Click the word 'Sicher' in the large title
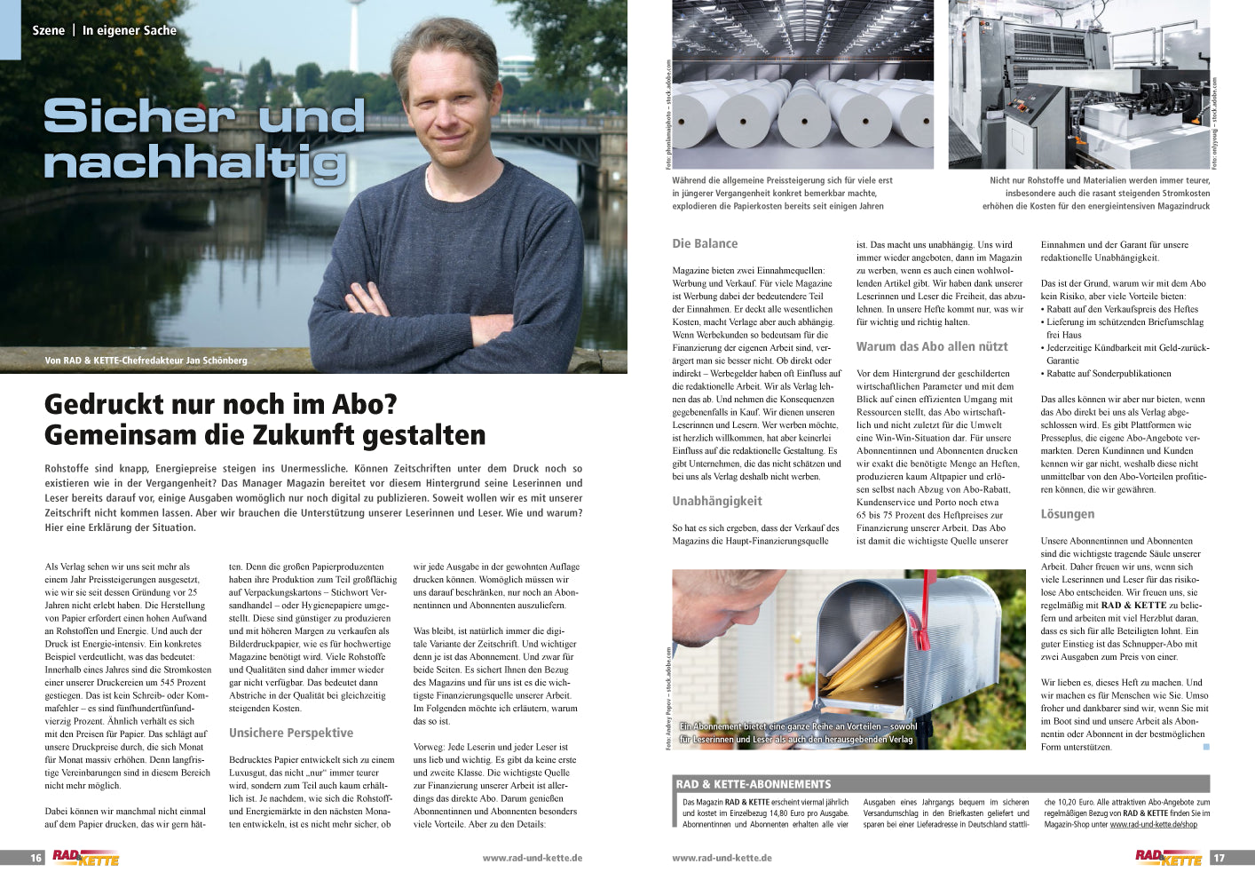click(138, 116)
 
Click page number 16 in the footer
click(36, 858)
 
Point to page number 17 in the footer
click(1219, 858)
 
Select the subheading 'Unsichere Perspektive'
click(291, 733)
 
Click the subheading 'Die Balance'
click(705, 243)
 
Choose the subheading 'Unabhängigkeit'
click(717, 501)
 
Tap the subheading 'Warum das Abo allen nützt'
click(932, 346)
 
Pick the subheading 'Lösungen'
click(1068, 513)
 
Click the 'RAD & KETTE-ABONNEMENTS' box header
click(754, 784)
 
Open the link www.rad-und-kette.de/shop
click(1153, 825)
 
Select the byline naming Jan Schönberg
click(146, 361)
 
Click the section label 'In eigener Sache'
click(130, 30)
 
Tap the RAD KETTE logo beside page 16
click(85, 858)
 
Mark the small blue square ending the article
click(1206, 748)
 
